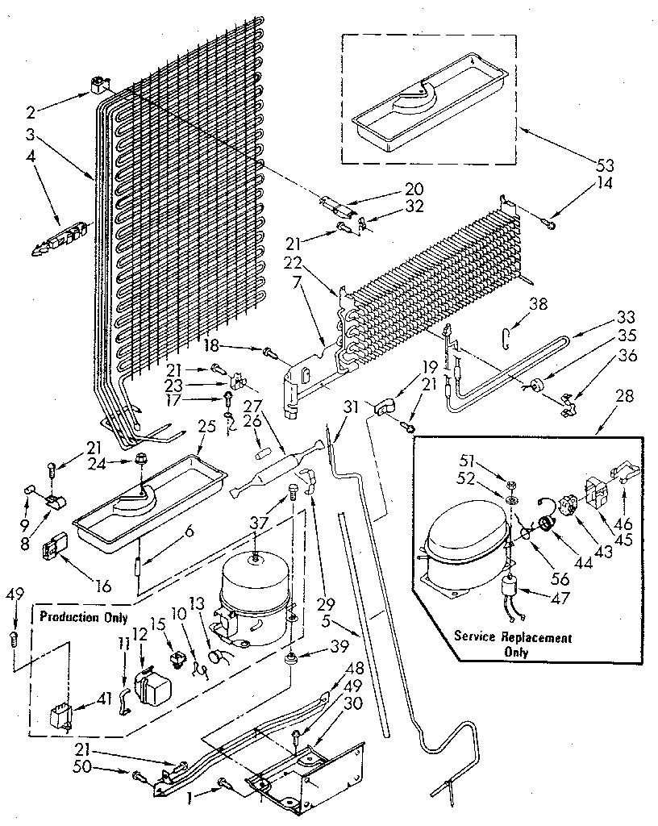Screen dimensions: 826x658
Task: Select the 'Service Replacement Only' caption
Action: click(513, 644)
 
